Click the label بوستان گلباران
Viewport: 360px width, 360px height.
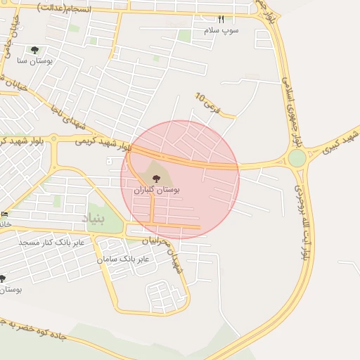pos(156,190)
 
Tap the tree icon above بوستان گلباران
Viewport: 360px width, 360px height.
pos(156,179)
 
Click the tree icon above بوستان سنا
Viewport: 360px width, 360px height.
pos(34,50)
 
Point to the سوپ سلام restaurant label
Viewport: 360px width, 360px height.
pos(221,30)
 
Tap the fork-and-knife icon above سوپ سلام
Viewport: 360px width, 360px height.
pos(221,19)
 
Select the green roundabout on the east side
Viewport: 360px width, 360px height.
pos(297,158)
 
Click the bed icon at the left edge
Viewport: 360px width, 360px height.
pos(5,214)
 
